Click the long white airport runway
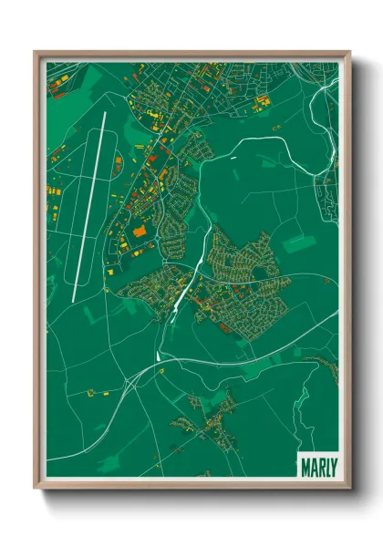point(88,208)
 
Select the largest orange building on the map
point(140,232)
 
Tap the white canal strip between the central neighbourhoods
point(182,296)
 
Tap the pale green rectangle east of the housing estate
point(298,244)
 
